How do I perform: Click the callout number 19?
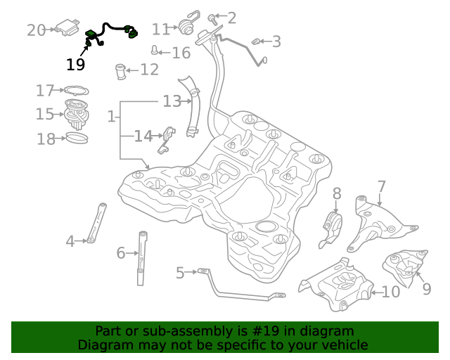75,65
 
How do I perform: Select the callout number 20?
36,30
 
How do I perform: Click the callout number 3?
276,41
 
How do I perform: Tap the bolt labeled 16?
154,51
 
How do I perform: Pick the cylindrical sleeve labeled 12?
120,71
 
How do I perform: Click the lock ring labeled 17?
76,90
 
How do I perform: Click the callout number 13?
172,101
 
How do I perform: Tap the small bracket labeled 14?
167,138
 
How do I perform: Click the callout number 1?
111,116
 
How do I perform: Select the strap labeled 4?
96,222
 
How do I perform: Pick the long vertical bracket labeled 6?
143,257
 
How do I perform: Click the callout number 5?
180,272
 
